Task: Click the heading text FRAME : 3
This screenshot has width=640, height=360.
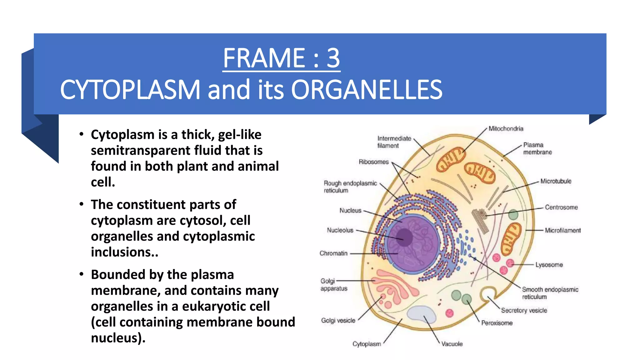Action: click(281, 58)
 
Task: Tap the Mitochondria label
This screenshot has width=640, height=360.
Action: click(506, 129)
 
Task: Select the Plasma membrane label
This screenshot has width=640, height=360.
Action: click(537, 149)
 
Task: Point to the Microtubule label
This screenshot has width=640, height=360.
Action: click(556, 181)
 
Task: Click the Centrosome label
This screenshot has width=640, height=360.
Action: click(561, 207)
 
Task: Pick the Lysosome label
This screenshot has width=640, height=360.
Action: click(549, 265)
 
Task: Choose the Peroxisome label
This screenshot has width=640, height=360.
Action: click(497, 323)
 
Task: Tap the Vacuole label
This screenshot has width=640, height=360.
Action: click(452, 344)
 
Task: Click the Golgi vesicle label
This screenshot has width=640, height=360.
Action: click(338, 321)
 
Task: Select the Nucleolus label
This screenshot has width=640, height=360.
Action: click(340, 230)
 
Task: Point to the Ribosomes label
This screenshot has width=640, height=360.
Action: click(373, 162)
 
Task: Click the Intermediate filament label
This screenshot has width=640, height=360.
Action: click(394, 142)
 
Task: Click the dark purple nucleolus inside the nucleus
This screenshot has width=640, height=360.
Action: click(404, 237)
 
